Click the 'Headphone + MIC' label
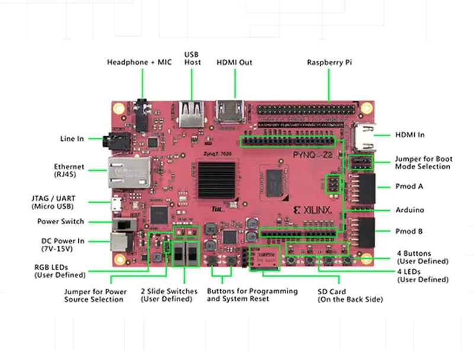139,62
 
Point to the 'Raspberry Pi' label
329,62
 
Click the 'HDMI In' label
410,135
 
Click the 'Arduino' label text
409,210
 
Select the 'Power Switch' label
61,221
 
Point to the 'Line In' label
72,139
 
